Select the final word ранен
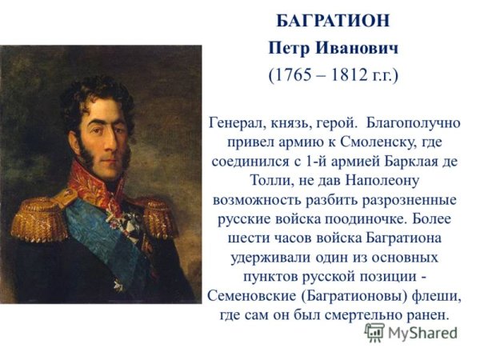point(433,316)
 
